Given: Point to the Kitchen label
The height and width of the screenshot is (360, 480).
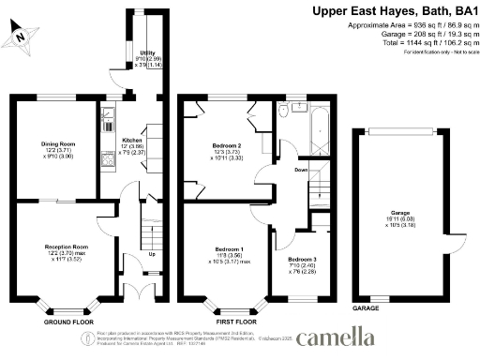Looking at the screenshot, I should pyautogui.click(x=131, y=138).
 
